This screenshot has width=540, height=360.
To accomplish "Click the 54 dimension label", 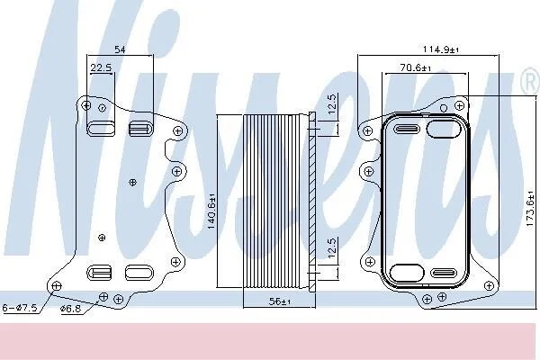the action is click(120, 49).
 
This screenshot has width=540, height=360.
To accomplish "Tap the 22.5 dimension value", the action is click(101, 67).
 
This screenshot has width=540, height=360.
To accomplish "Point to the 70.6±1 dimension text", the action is click(416, 67).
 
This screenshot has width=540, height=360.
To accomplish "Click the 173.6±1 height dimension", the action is click(531, 211).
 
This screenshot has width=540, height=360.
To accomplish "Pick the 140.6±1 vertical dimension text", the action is click(211, 211).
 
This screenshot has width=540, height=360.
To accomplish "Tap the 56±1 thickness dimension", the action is click(280, 301).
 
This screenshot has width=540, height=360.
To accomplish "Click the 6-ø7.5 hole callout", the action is click(20, 308).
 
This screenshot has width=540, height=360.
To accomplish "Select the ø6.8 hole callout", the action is click(70, 309).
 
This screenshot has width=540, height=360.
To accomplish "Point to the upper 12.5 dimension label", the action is click(331, 104).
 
